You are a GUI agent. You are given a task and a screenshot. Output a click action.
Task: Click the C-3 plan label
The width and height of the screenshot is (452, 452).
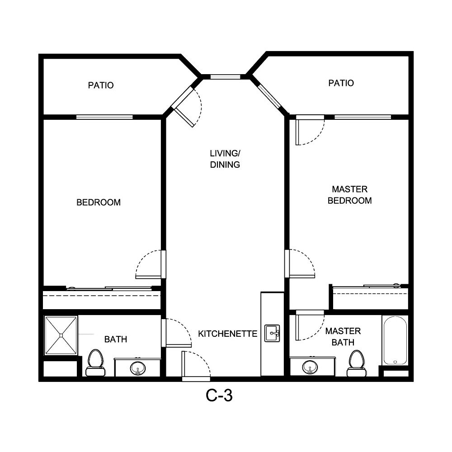[219, 396]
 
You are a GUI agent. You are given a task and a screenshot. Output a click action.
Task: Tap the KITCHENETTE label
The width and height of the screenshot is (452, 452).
[227, 334]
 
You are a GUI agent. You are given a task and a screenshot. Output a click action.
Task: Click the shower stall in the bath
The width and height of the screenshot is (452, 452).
[61, 335]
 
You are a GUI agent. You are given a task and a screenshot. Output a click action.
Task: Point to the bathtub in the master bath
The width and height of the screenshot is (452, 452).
[395, 340]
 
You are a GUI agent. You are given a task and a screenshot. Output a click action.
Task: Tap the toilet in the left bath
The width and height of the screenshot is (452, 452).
[95, 363]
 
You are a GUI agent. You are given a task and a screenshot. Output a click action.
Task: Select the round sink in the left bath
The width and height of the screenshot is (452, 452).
[137, 368]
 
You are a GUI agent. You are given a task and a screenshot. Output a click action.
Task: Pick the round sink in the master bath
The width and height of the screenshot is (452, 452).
[310, 367]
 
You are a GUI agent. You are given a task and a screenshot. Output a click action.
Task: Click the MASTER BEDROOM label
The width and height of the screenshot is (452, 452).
[349, 195]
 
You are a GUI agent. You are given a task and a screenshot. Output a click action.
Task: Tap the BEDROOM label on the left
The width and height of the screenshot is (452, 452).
[99, 202]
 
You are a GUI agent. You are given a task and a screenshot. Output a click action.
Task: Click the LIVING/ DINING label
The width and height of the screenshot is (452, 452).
[225, 159]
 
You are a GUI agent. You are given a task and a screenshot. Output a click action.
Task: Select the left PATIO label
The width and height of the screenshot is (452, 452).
[100, 85]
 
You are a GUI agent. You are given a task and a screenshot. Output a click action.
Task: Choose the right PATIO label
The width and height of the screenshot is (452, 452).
[341, 83]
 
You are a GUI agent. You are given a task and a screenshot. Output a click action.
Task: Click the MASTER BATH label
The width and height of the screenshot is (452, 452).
[343, 337]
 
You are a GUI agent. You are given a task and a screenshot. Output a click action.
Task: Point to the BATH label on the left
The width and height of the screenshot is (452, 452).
[116, 339]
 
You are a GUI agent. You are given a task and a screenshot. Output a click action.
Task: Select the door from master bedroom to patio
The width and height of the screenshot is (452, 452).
[309, 130]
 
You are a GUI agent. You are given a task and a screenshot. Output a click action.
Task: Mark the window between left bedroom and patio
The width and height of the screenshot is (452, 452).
[104, 117]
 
